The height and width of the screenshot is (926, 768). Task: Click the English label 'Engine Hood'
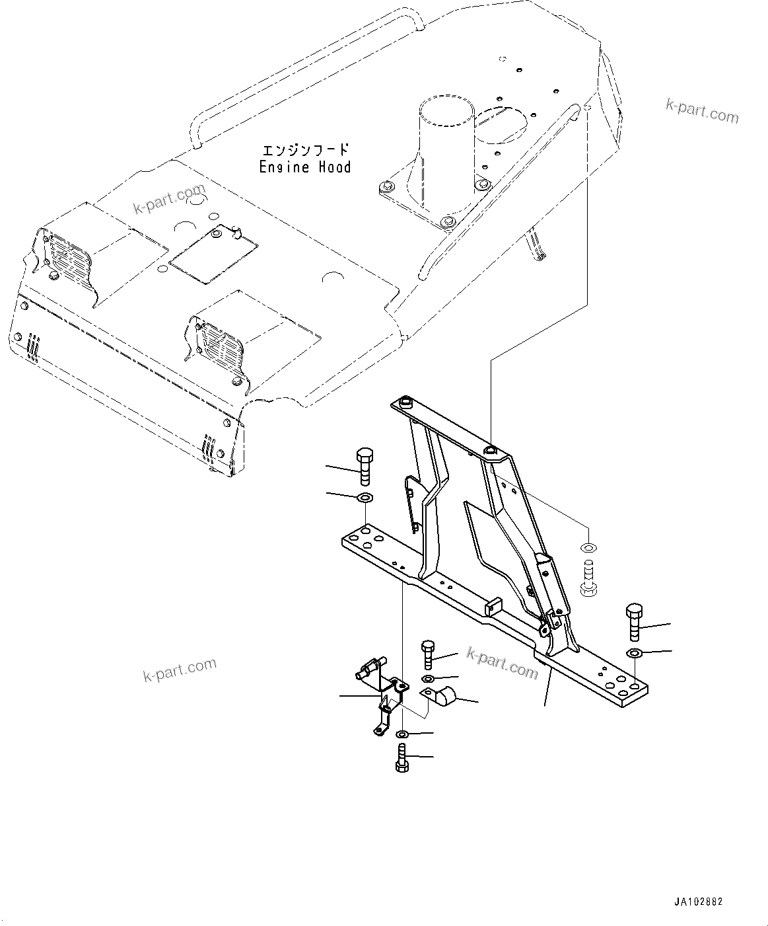[x=304, y=167]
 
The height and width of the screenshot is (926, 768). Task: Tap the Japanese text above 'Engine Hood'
[x=304, y=151]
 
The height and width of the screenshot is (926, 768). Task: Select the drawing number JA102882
[x=699, y=902]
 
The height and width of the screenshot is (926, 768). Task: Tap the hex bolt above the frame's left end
[x=365, y=467]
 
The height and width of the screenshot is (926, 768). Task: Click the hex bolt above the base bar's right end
[x=634, y=621]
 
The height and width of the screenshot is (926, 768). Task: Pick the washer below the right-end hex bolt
[x=634, y=654]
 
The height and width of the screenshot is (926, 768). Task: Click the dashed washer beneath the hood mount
[x=587, y=547]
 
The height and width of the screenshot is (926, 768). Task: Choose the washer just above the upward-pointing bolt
[x=403, y=734]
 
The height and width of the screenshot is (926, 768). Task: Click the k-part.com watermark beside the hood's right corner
[x=702, y=112]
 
